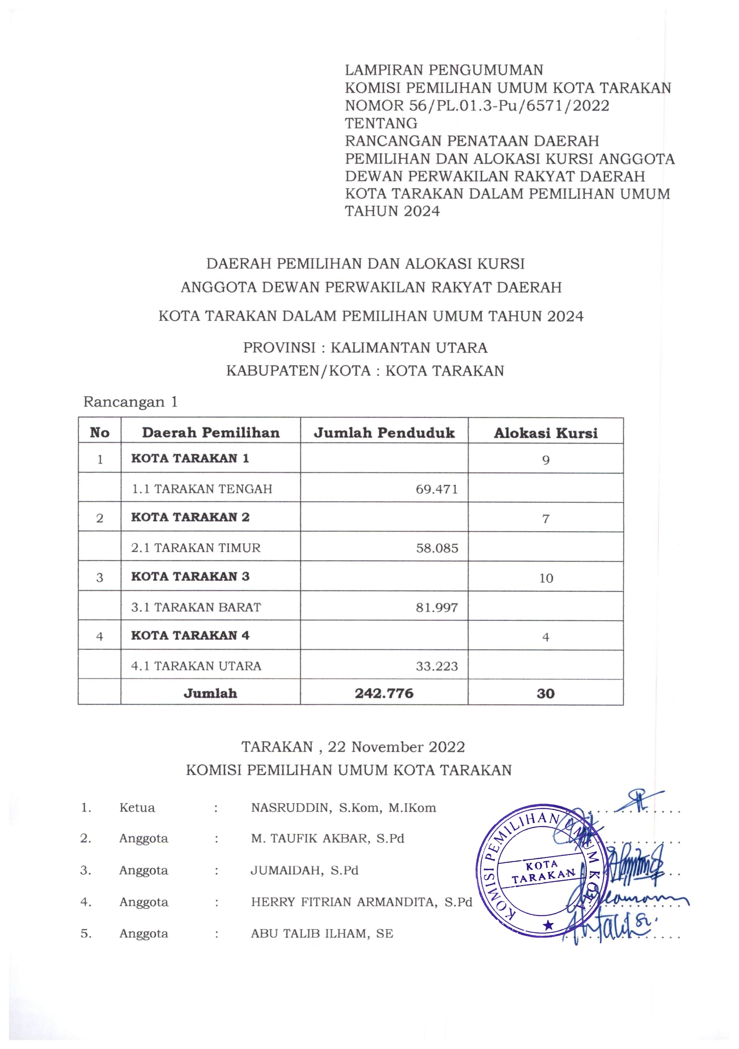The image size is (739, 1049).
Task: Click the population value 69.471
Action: click(x=437, y=489)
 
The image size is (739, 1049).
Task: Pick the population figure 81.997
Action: click(x=437, y=607)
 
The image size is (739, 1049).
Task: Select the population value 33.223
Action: click(x=437, y=666)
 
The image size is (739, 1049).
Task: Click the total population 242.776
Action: click(x=384, y=694)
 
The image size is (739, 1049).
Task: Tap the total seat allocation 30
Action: click(x=546, y=694)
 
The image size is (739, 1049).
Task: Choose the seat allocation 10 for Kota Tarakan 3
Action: click(x=546, y=578)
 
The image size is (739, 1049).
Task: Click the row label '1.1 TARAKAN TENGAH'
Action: click(x=202, y=489)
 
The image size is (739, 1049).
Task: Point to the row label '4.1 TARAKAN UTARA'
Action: click(x=196, y=666)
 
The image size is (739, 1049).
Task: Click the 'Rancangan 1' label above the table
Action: click(x=130, y=402)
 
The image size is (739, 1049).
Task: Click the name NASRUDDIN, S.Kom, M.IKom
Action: click(x=343, y=808)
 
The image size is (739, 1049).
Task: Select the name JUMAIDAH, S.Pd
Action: click(x=305, y=870)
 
